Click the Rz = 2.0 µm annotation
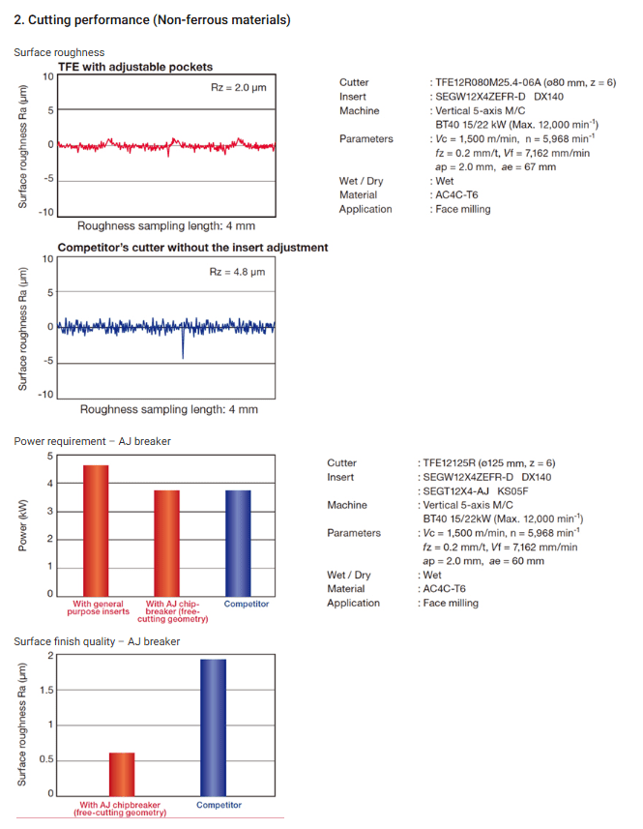(237, 88)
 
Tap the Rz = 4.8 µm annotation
(237, 272)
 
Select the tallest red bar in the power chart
(97, 530)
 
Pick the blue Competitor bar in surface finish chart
(212, 726)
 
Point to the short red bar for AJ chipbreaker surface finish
(122, 773)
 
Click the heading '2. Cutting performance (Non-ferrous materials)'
(152, 19)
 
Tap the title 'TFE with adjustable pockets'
(135, 66)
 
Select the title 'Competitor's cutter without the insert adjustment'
(192, 248)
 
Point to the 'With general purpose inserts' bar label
(97, 607)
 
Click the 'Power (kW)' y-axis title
(21, 526)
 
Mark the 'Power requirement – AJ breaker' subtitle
(92, 441)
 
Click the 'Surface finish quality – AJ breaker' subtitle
(97, 641)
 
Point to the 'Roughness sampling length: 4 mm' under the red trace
(166, 224)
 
